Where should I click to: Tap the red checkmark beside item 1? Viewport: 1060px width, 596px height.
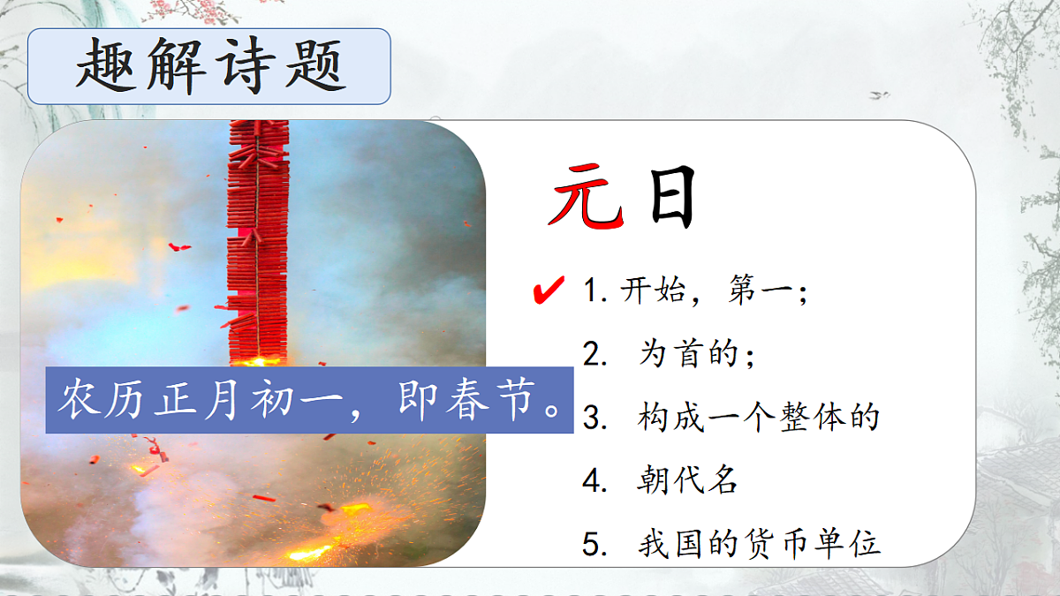[549, 289]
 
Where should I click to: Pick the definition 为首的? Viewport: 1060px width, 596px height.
[695, 355]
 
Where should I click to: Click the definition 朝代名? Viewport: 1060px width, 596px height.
[686, 480]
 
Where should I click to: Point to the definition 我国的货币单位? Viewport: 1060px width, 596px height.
[759, 543]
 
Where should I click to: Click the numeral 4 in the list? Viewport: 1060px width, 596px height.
[591, 481]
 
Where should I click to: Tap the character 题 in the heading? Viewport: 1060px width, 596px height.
[315, 66]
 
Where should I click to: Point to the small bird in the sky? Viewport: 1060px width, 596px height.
[879, 94]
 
